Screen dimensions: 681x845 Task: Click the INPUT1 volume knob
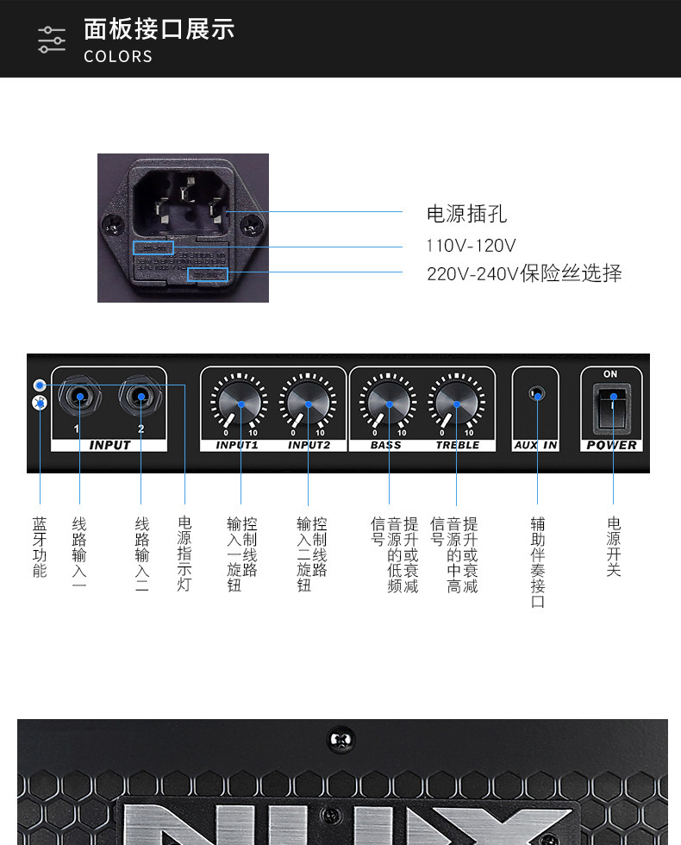pyautogui.click(x=241, y=404)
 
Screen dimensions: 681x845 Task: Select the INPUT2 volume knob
pyautogui.click(x=308, y=404)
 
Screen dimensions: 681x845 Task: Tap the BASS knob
pyautogui.click(x=389, y=404)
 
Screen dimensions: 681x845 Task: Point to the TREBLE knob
pyautogui.click(x=456, y=404)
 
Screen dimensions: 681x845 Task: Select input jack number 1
pyautogui.click(x=79, y=397)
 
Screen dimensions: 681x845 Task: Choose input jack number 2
pyautogui.click(x=140, y=397)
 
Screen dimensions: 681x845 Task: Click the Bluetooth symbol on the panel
pyautogui.click(x=39, y=403)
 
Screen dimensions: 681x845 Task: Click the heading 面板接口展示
pyautogui.click(x=159, y=28)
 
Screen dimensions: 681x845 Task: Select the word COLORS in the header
pyautogui.click(x=118, y=57)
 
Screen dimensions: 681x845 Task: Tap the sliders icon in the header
pyautogui.click(x=52, y=40)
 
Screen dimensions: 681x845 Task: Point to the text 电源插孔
pyautogui.click(x=466, y=214)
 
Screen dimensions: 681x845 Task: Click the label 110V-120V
pyautogui.click(x=471, y=246)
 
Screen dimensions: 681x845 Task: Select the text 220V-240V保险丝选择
pyautogui.click(x=524, y=274)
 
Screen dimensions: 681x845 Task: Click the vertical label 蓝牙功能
pyautogui.click(x=40, y=547)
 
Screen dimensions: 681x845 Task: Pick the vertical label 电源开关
pyautogui.click(x=614, y=547)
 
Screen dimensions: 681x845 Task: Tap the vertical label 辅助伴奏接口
pyautogui.click(x=538, y=562)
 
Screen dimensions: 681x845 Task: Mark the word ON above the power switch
pyautogui.click(x=610, y=374)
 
